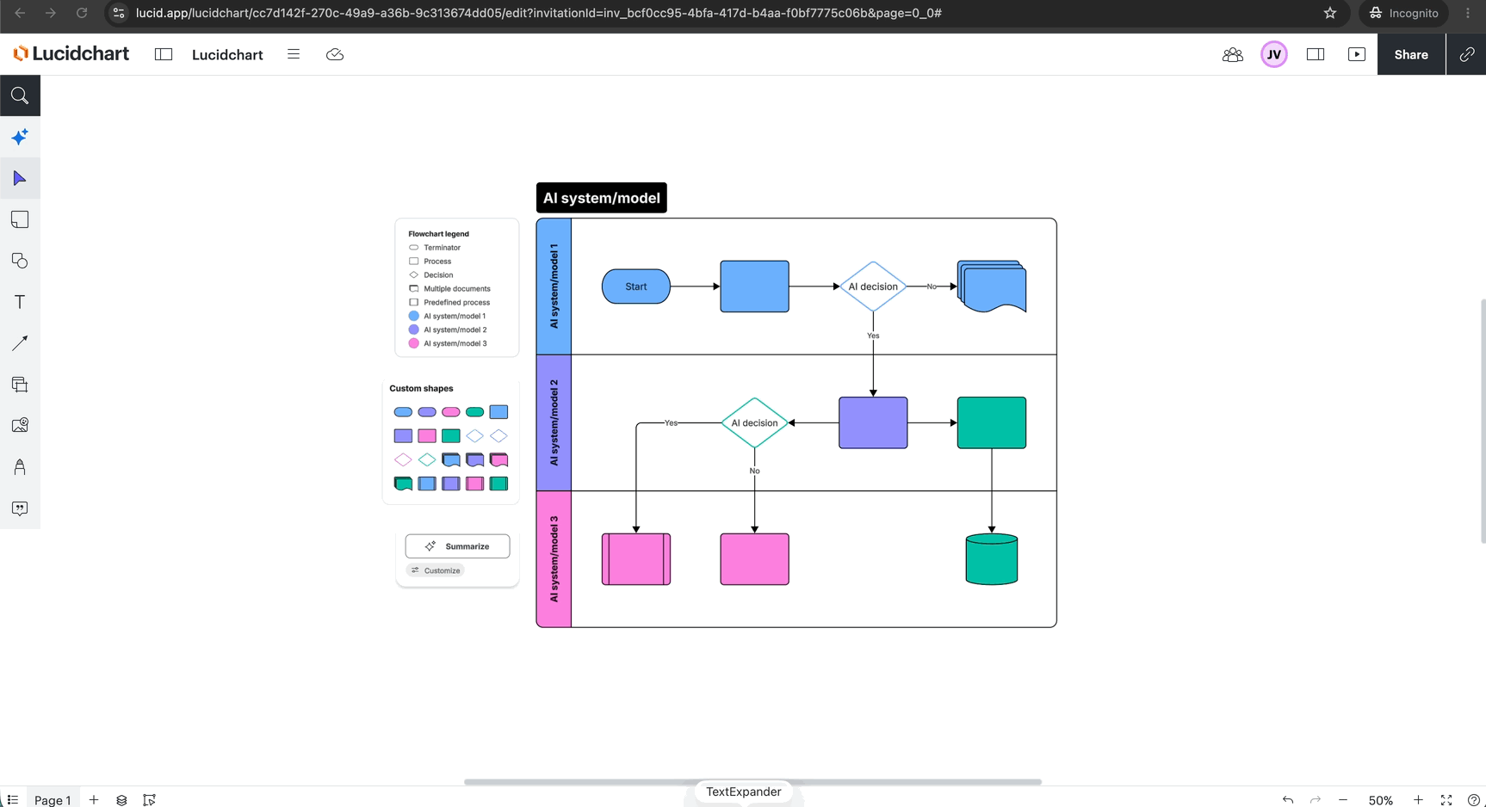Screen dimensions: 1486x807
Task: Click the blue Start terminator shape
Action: [635, 286]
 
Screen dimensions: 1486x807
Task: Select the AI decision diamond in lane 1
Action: [873, 286]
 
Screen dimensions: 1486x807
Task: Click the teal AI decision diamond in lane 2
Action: [754, 422]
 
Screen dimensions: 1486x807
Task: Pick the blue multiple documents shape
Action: [992, 286]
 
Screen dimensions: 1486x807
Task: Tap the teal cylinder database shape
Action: [992, 559]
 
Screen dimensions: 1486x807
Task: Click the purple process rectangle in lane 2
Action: [873, 422]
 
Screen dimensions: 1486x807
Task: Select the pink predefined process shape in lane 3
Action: [636, 559]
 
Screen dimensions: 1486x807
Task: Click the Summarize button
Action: [457, 546]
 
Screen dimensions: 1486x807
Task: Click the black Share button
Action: [1411, 54]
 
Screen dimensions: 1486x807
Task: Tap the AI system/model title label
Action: [601, 198]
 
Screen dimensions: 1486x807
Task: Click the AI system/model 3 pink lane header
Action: [554, 559]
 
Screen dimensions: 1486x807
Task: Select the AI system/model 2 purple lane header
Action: [554, 422]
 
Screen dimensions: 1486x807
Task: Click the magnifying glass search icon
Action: [20, 95]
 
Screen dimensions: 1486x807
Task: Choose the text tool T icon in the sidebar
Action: [20, 302]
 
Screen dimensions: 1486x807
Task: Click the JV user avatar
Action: [1274, 54]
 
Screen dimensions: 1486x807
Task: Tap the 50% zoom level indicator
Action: [1380, 800]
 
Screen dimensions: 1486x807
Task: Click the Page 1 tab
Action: [53, 800]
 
